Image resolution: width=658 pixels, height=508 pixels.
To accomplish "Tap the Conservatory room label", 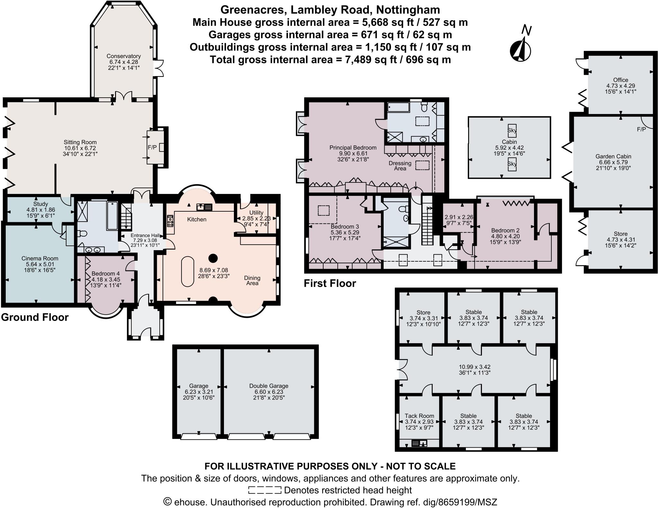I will [x=124, y=56].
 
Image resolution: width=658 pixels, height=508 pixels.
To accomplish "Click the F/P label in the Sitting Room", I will [x=152, y=147].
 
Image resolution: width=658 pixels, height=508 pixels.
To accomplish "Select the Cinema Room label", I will [x=40, y=258].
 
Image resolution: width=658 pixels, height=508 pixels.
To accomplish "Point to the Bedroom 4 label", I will [x=105, y=274].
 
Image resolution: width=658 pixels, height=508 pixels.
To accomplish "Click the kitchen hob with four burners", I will [x=170, y=221].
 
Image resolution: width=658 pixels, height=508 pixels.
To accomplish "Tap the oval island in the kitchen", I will [x=187, y=271].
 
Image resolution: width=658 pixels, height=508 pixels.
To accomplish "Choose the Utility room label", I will [x=256, y=213].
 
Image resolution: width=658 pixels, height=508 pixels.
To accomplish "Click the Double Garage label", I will [x=269, y=386].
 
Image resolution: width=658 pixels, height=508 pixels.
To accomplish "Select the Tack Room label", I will [x=419, y=416].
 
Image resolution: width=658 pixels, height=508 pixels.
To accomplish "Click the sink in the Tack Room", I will [x=419, y=443].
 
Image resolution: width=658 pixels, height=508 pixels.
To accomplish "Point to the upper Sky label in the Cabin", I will [x=512, y=130].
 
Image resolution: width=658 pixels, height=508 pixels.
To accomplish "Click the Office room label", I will [x=620, y=80].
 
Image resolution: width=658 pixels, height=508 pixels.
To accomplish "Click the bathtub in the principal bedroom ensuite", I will [x=398, y=107].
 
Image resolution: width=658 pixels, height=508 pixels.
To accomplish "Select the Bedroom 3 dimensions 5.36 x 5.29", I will [x=345, y=232].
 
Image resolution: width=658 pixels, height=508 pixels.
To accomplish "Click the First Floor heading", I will [x=330, y=284].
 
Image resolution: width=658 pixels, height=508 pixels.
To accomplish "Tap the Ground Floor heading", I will [x=35, y=317].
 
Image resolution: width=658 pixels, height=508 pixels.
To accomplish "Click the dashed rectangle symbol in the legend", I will [x=264, y=490].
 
